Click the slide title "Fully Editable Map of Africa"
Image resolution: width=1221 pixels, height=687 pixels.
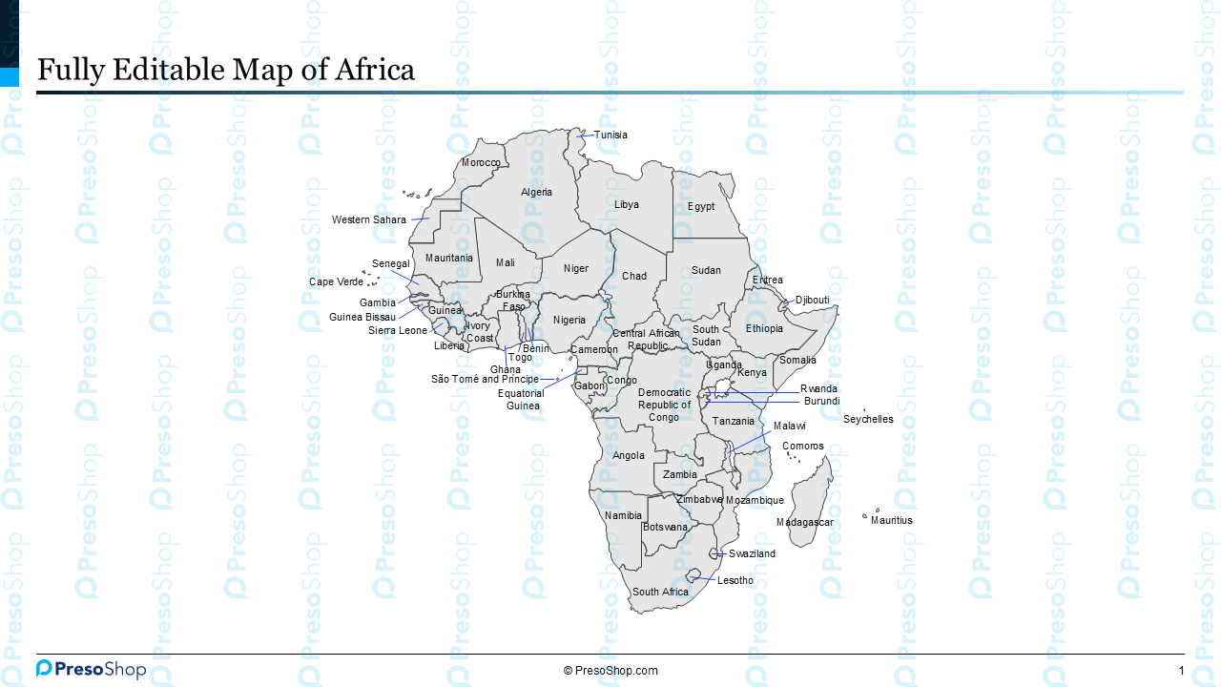click(225, 70)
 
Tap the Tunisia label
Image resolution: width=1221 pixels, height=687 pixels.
click(610, 135)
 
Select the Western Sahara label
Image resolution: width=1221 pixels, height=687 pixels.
click(368, 220)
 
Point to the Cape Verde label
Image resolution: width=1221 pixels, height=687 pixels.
click(336, 282)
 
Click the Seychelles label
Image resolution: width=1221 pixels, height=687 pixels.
click(868, 420)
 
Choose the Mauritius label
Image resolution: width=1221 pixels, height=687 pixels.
click(891, 521)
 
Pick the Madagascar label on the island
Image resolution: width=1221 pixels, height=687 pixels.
click(804, 523)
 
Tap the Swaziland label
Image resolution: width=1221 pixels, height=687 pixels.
click(752, 554)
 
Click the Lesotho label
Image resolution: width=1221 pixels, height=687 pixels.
click(735, 581)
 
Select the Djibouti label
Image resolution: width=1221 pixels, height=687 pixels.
click(812, 301)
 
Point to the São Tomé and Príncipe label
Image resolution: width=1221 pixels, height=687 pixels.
click(485, 380)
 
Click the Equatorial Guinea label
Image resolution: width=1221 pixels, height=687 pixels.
click(522, 400)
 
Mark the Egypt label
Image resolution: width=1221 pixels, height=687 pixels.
click(701, 207)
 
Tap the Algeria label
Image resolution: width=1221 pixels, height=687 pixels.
click(536, 193)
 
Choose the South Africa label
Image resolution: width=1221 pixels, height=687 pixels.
click(660, 593)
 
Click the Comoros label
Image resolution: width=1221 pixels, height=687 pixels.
click(802, 447)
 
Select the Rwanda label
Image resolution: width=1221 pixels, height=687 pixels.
click(818, 389)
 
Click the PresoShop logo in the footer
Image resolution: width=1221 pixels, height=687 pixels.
click(92, 669)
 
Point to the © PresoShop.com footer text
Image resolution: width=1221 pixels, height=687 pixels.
click(610, 671)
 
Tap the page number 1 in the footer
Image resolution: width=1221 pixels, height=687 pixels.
click(1181, 671)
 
